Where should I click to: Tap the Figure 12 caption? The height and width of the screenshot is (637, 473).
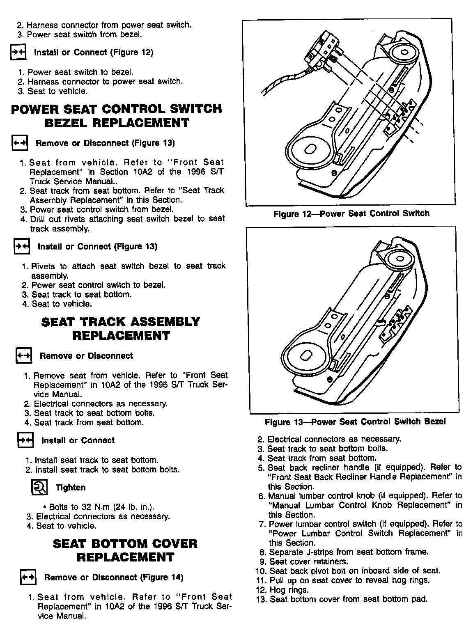click(x=351, y=213)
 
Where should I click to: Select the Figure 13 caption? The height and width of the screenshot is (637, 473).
click(x=355, y=422)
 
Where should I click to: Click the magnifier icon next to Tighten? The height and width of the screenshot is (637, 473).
click(x=40, y=487)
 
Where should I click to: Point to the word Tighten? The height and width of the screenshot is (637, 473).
click(x=71, y=488)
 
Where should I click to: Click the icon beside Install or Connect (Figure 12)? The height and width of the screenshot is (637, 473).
click(x=18, y=53)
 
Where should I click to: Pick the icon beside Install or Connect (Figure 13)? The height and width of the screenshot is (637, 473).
click(x=22, y=246)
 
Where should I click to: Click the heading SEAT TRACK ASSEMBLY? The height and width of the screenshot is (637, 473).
click(x=121, y=321)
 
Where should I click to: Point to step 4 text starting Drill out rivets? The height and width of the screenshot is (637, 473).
click(x=127, y=219)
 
